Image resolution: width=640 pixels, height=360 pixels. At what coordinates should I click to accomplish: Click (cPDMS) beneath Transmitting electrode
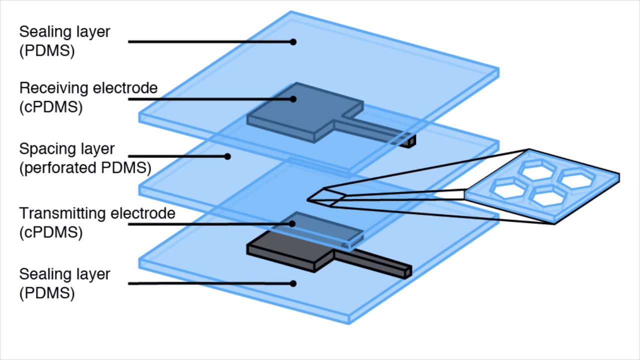point(51,232)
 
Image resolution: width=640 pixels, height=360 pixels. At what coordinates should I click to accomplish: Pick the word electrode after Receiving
point(126,88)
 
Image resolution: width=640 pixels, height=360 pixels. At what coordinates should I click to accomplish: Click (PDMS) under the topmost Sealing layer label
point(47,51)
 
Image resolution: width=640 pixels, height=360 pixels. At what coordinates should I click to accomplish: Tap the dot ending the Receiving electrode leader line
point(293,99)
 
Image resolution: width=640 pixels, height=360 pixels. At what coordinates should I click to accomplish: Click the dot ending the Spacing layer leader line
point(227,156)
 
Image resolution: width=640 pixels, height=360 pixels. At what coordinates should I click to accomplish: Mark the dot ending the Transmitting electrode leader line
point(293,224)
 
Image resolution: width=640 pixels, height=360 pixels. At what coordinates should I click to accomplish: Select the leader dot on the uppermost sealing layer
point(293,42)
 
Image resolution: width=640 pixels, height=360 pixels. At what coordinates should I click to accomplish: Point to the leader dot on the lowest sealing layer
point(293,283)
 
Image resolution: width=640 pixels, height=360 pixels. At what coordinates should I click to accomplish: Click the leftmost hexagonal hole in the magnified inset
point(509,187)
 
